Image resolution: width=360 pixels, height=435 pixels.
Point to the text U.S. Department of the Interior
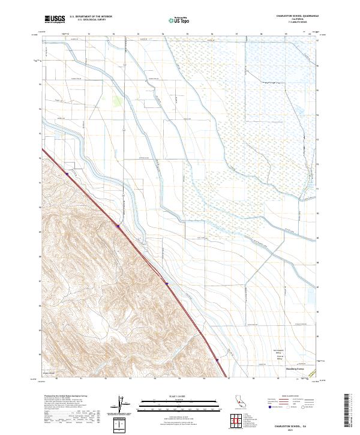coord(91,17)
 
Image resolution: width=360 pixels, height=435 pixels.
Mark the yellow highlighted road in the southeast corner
coord(313,373)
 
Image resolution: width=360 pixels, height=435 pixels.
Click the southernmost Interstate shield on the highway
coord(217,360)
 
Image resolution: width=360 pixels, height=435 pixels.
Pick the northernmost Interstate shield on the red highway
coord(118,226)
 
